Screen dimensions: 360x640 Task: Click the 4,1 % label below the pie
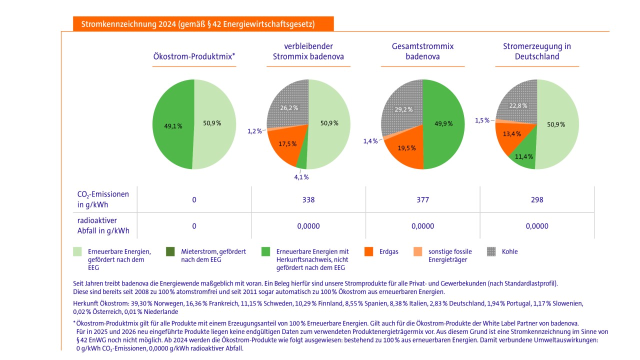(301, 177)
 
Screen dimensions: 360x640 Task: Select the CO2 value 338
(308, 199)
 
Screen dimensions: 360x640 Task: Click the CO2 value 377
(422, 199)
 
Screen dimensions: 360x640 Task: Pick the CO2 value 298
(537, 199)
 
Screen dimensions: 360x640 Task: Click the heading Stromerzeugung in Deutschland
(537, 51)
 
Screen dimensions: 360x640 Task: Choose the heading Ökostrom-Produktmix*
(194, 56)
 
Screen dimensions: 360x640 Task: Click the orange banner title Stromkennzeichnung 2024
(202, 23)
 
